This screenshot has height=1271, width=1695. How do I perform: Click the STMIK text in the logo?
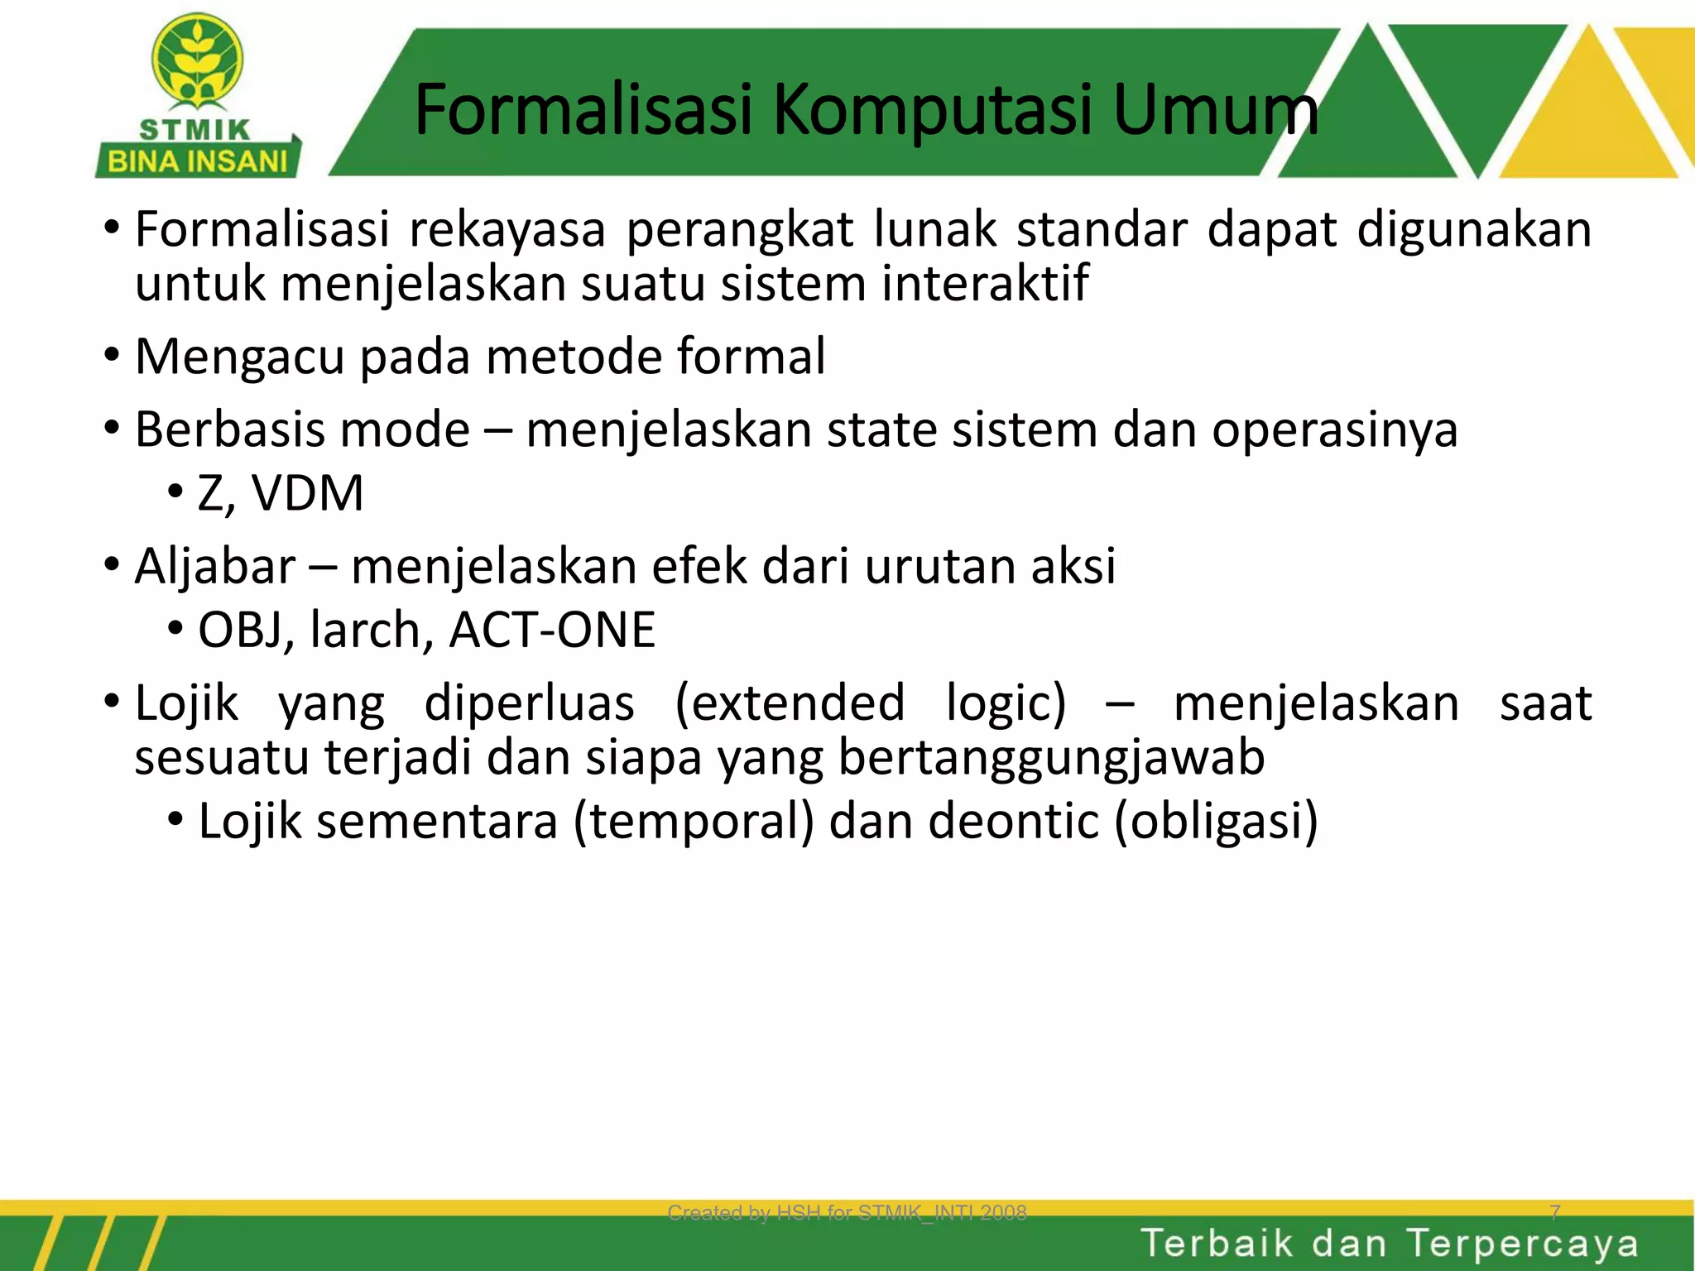pyautogui.click(x=195, y=130)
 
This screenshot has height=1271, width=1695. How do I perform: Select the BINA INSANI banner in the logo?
pyautogui.click(x=198, y=161)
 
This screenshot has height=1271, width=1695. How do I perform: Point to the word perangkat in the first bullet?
pyautogui.click(x=739, y=230)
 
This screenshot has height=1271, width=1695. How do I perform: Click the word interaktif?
pyautogui.click(x=985, y=283)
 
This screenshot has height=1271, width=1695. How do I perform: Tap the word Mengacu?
pyautogui.click(x=239, y=357)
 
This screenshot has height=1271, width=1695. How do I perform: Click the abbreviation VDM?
pyautogui.click(x=307, y=493)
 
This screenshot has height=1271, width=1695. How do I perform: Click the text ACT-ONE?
pyautogui.click(x=552, y=630)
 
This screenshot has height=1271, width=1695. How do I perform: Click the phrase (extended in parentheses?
pyautogui.click(x=790, y=703)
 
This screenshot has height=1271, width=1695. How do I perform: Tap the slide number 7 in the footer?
pyautogui.click(x=1554, y=1212)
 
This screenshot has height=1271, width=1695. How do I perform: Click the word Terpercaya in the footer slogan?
pyautogui.click(x=1522, y=1244)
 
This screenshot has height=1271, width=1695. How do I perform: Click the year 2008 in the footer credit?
pyautogui.click(x=1003, y=1213)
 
